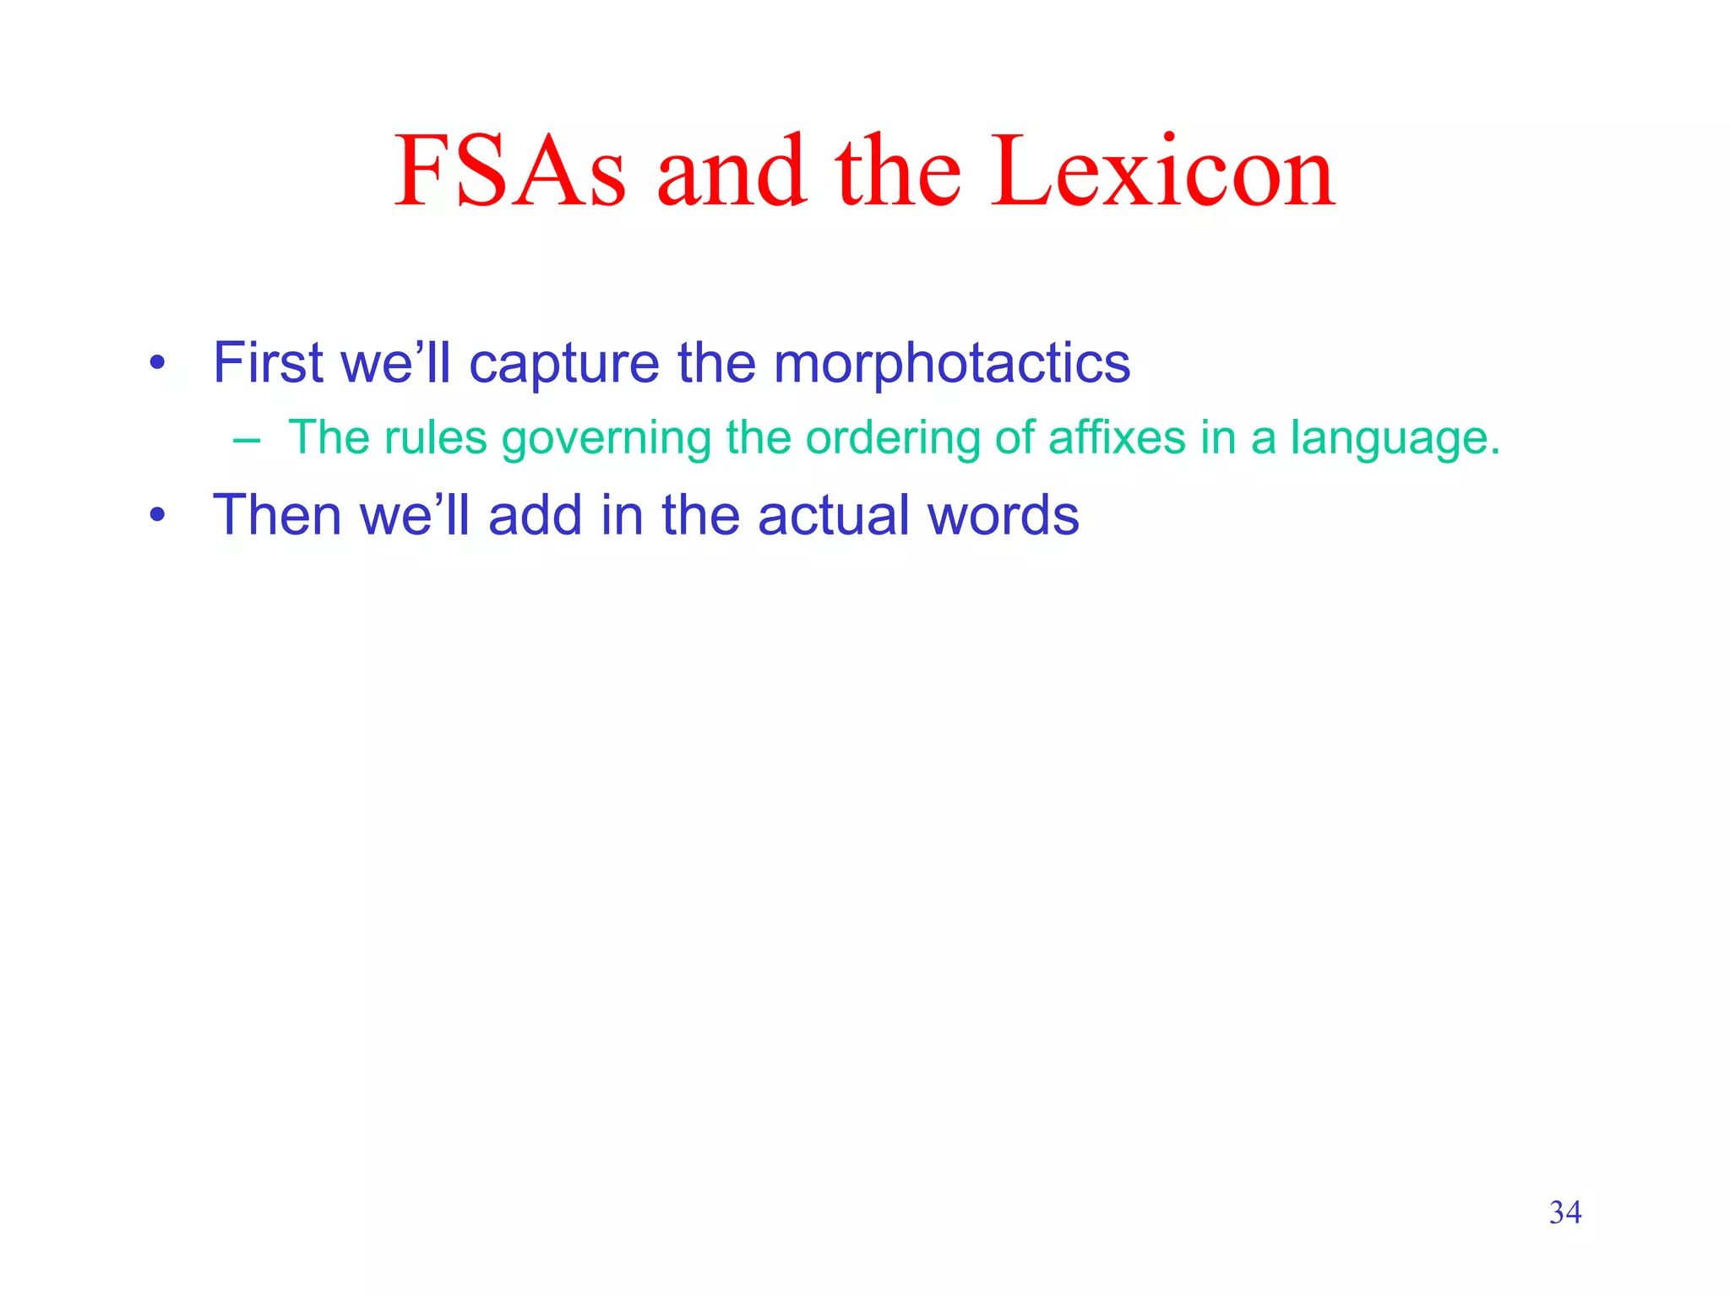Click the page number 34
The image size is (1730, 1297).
pos(1564,1213)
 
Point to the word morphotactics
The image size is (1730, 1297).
pos(951,363)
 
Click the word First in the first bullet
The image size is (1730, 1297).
pos(268,363)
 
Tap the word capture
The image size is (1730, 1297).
pos(563,365)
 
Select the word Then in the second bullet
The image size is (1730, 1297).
pos(276,515)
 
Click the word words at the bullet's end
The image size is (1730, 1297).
pos(1003,515)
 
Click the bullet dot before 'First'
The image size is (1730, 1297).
pos(156,365)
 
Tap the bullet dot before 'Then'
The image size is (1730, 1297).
pos(156,516)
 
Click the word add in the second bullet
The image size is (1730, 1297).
pos(535,515)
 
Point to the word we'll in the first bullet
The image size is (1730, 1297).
pos(395,363)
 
